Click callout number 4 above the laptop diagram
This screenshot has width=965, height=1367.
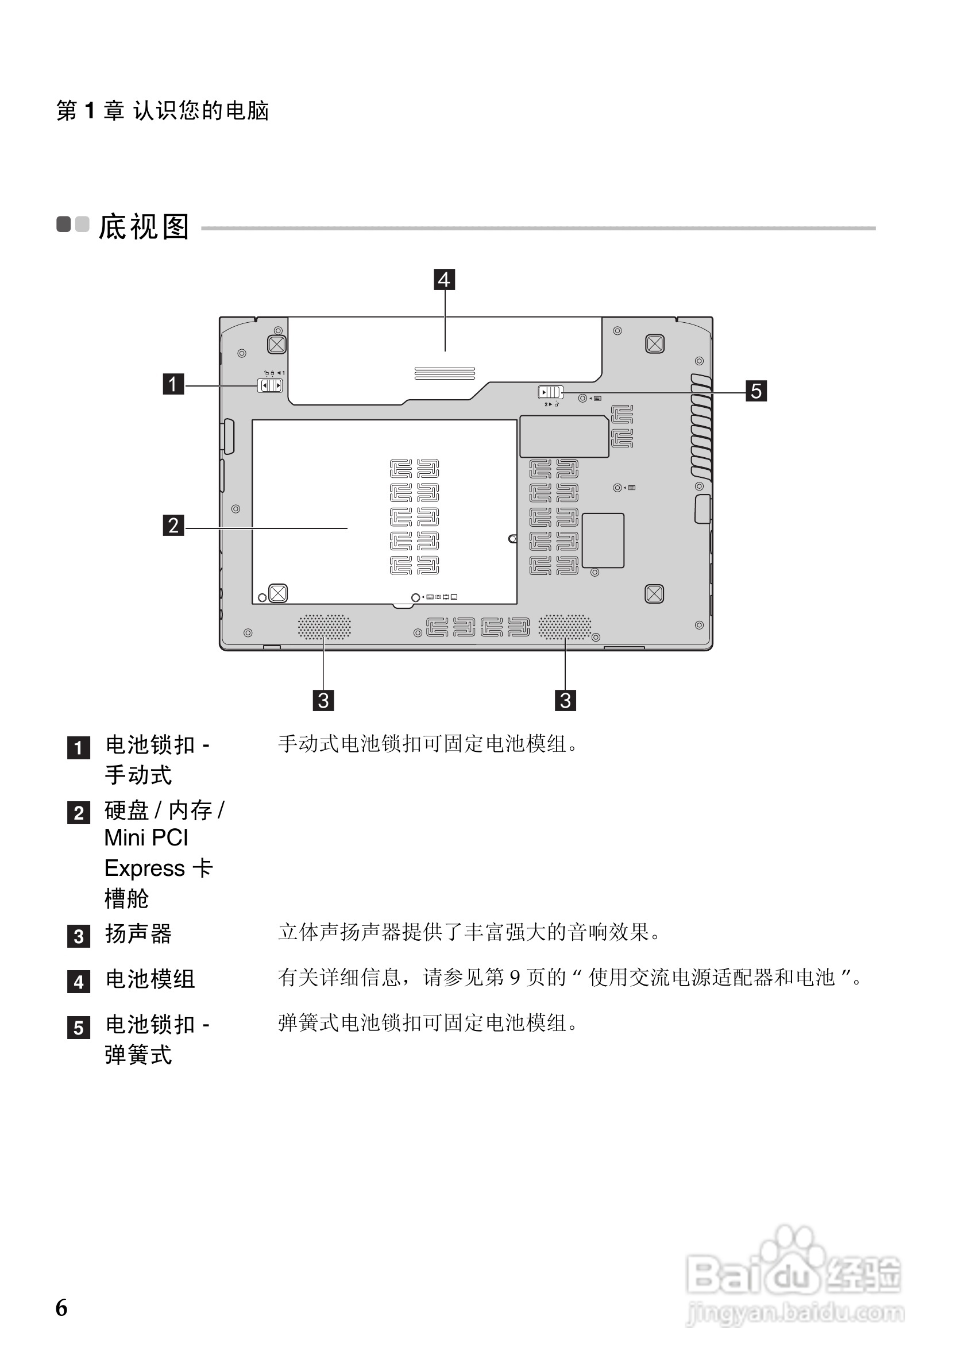pos(444,279)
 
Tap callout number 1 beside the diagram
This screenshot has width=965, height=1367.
pos(173,384)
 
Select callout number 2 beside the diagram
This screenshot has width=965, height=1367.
pos(173,525)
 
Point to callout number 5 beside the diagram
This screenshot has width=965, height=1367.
pos(756,391)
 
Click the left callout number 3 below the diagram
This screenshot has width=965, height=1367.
pos(323,700)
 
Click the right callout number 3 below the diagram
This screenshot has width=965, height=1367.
pos(565,700)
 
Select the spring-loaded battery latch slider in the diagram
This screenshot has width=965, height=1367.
pos(550,392)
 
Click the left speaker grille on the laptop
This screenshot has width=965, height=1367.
pos(325,627)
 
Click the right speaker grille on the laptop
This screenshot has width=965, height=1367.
pos(565,627)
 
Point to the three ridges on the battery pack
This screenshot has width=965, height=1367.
pos(445,373)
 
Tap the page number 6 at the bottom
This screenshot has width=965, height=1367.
pos(61,1307)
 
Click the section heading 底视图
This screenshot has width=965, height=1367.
pos(144,227)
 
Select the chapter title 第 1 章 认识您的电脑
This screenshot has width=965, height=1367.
pos(163,111)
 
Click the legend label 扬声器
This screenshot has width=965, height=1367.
pos(138,933)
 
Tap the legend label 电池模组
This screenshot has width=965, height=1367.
pos(150,979)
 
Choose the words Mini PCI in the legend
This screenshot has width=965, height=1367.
pos(146,837)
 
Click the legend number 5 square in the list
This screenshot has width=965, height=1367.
pos(79,1028)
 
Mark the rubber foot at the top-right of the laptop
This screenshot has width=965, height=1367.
pos(655,343)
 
